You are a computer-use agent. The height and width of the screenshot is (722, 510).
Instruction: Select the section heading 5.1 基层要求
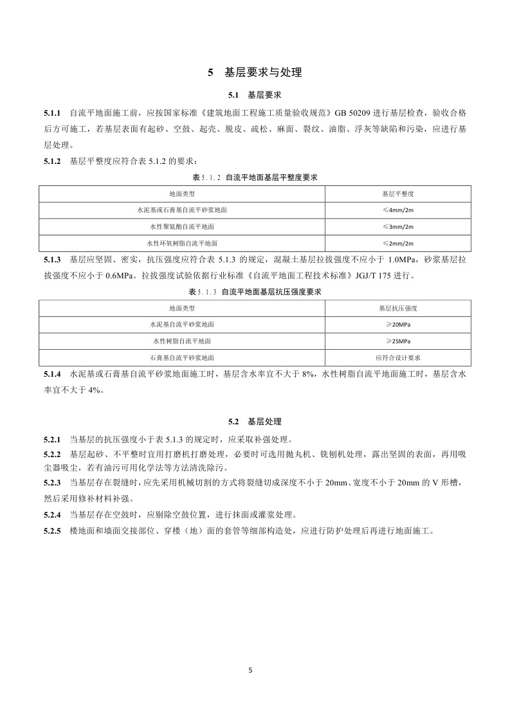[x=255, y=95]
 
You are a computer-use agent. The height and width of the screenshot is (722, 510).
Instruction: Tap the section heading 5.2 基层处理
[x=255, y=422]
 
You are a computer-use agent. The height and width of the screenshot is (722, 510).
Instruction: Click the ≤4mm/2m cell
[x=397, y=210]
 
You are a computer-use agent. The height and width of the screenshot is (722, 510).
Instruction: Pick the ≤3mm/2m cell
[x=397, y=227]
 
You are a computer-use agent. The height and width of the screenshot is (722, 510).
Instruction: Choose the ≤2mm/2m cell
[x=397, y=244]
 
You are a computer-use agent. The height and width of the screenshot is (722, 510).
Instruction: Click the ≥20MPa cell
[x=397, y=325]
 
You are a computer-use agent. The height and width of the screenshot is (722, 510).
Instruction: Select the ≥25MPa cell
[x=397, y=341]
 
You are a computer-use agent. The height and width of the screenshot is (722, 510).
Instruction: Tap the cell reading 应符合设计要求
[x=397, y=357]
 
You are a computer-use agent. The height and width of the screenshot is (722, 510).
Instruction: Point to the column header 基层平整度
[x=397, y=193]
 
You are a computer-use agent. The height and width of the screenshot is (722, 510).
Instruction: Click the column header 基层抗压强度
[x=397, y=308]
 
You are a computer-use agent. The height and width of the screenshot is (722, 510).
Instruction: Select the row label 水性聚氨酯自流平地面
[x=182, y=227]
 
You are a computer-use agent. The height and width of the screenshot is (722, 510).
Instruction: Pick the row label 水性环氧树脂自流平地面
[x=182, y=244]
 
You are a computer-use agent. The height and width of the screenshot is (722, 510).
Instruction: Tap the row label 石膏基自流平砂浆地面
[x=182, y=357]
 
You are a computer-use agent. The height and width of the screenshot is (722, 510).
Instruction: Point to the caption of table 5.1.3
[x=255, y=291]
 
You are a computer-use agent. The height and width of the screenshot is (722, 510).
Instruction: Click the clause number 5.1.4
[x=52, y=374]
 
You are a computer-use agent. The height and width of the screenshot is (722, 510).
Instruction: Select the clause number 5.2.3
[x=52, y=482]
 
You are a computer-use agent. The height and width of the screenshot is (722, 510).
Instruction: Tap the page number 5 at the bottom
[x=251, y=670]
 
